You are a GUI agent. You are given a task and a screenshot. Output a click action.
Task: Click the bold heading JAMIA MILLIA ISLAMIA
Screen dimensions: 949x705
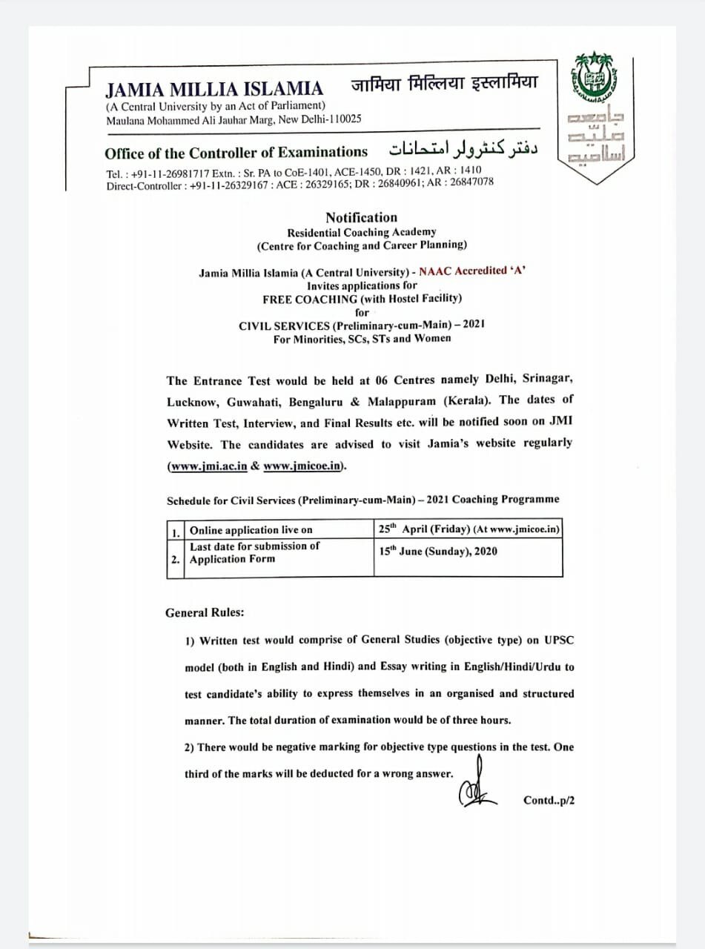[214, 90]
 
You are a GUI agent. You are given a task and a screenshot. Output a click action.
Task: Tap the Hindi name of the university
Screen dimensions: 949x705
[444, 83]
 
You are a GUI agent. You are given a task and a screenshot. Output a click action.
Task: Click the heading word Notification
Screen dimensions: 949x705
[361, 217]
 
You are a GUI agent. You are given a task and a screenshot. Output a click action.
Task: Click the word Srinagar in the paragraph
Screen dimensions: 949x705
[547, 379]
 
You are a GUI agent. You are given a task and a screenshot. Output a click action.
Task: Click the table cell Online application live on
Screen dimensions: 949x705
[251, 530]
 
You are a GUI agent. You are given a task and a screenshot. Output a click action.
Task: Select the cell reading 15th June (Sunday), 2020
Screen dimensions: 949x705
[437, 552]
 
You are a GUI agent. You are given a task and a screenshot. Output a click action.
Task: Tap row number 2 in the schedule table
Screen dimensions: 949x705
[176, 560]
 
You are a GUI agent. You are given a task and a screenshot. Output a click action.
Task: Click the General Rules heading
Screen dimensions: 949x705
[205, 613]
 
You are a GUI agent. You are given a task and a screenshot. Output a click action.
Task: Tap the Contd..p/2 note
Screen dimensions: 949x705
[549, 800]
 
